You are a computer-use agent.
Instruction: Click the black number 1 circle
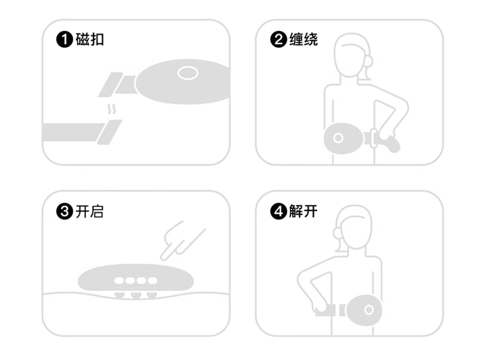click(x=64, y=40)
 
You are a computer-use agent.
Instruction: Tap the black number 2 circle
click(x=278, y=40)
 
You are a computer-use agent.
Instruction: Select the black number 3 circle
click(x=64, y=212)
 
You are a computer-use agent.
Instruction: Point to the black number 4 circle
click(x=278, y=212)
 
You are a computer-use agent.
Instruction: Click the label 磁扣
click(x=90, y=40)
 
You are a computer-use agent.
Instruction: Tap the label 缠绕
click(x=304, y=40)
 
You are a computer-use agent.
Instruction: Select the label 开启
click(x=90, y=212)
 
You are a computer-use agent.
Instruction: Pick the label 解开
click(x=304, y=212)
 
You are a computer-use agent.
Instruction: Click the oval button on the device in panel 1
click(x=188, y=73)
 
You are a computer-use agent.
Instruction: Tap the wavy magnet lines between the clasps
click(x=112, y=109)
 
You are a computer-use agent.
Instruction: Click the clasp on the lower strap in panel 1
click(x=109, y=132)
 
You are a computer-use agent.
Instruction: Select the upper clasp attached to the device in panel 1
click(x=111, y=85)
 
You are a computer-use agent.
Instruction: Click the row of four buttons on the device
click(x=136, y=280)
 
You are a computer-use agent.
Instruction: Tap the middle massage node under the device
click(x=136, y=296)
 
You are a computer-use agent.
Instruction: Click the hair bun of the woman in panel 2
click(x=369, y=61)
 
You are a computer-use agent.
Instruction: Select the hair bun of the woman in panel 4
click(x=338, y=233)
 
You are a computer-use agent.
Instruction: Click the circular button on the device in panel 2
click(x=338, y=138)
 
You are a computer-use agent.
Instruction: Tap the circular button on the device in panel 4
click(x=369, y=310)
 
